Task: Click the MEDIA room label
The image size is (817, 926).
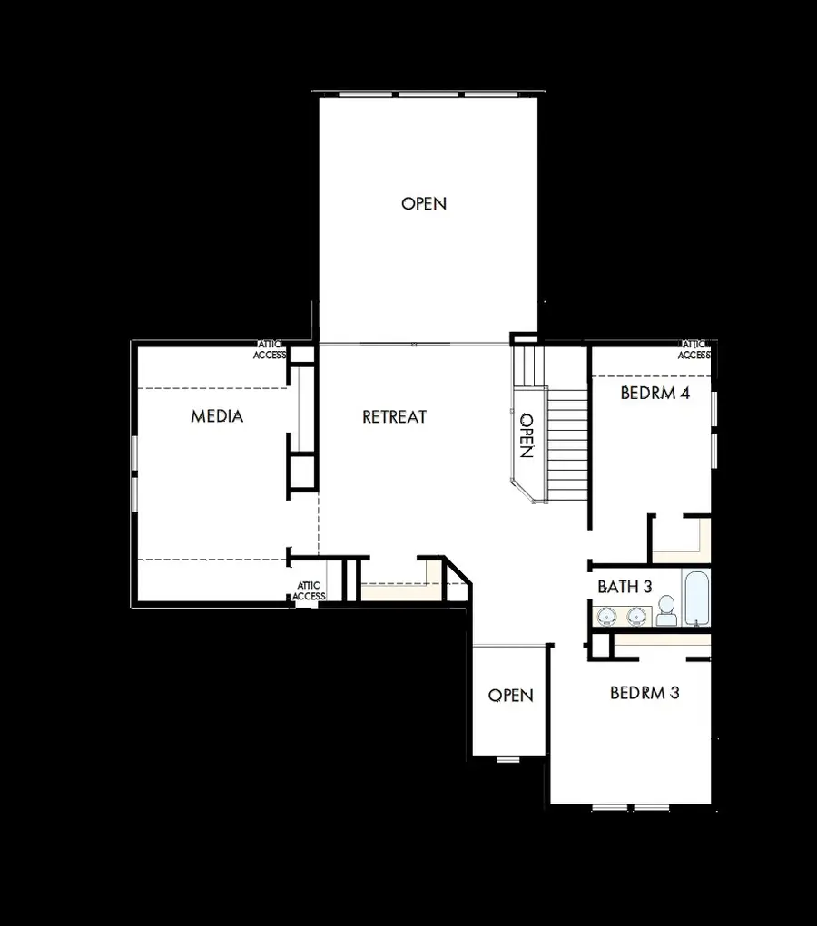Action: coord(217,416)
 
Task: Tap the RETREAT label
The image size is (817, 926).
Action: coord(394,417)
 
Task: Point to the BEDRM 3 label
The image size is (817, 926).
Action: coord(645,693)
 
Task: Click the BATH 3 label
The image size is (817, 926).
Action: coord(625,587)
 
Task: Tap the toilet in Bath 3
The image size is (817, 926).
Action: coord(666,611)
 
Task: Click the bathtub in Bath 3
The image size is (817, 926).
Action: coord(696,598)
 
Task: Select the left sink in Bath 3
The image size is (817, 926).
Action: coord(607,617)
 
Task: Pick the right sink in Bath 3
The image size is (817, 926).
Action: coord(636,617)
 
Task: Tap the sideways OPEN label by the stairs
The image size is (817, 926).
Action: coord(526,435)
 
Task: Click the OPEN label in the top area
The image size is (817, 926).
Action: coord(424,203)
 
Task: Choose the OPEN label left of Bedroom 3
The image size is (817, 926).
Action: coord(510,696)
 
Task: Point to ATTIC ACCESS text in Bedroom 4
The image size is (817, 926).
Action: coord(694,349)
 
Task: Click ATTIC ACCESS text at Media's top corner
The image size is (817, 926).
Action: coord(269,349)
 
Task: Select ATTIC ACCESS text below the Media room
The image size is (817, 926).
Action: coord(309,591)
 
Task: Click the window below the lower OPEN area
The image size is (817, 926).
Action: coord(508,758)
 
